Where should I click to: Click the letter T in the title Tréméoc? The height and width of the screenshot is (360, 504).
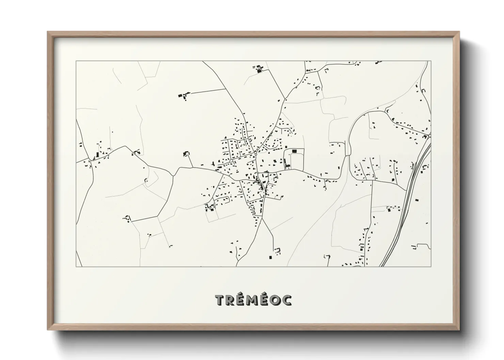pos(220,300)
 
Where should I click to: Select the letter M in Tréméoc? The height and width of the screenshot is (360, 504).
pos(252,300)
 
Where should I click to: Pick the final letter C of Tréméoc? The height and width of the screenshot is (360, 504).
pos(286,300)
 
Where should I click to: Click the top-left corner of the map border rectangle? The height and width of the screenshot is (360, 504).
pos(76,61)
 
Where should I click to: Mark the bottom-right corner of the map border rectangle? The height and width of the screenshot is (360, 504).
pos(431,266)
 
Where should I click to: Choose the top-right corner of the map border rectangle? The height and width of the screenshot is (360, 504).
pos(431,61)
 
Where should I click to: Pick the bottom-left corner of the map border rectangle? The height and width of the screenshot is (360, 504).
pos(76,266)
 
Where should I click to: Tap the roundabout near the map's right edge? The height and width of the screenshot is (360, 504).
pos(429,136)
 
